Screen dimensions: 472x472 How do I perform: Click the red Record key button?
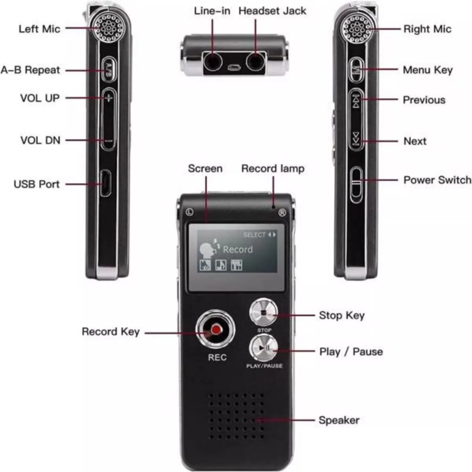tap(215, 330)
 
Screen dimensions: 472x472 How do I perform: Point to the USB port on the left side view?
tap(105, 183)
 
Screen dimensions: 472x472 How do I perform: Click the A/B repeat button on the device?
tap(108, 70)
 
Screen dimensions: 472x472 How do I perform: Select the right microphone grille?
tap(356, 28)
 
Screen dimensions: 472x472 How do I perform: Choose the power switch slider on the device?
tap(356, 184)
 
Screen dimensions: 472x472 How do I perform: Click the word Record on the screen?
tap(238, 249)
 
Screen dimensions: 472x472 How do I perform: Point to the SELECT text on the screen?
tap(254, 235)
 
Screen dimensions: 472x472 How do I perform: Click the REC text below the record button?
tap(217, 357)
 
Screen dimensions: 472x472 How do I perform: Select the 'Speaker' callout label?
tap(339, 420)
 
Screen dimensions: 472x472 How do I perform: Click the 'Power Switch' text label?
tap(437, 180)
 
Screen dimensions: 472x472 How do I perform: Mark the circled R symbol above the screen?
tap(282, 213)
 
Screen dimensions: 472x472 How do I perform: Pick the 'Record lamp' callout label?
tap(273, 169)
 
